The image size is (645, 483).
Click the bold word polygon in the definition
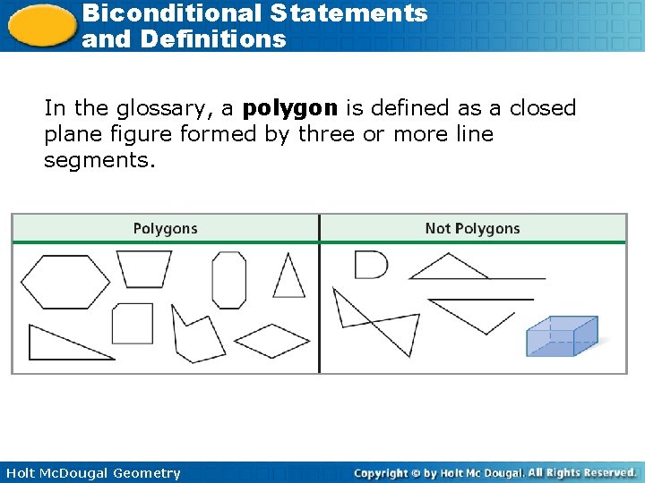click(x=290, y=109)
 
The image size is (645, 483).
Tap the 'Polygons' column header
click(x=165, y=229)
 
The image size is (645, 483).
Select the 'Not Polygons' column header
click(x=472, y=229)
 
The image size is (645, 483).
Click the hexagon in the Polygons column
click(x=64, y=281)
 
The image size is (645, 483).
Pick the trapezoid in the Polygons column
click(x=143, y=268)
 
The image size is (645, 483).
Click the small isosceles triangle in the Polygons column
click(x=288, y=277)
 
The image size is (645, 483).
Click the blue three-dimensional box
click(x=561, y=336)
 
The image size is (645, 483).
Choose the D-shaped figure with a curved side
click(x=369, y=265)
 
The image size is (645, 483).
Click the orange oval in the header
click(x=40, y=24)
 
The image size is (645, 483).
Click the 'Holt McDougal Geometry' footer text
click(x=92, y=473)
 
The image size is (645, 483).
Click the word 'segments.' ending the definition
click(x=99, y=161)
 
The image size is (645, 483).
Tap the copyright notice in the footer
click(x=494, y=472)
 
